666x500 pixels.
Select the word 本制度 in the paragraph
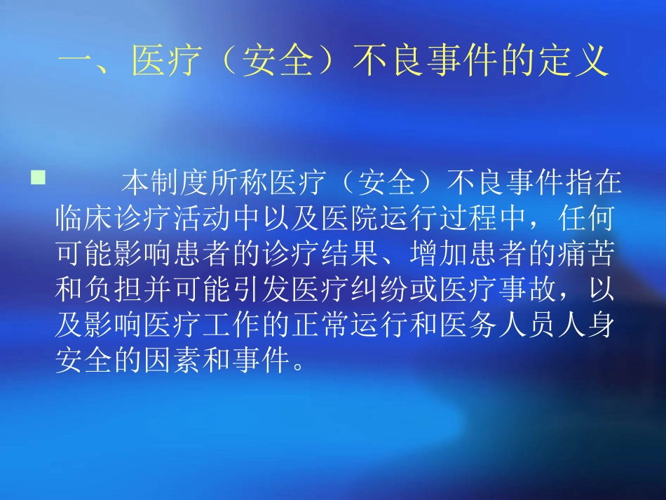coord(163,183)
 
